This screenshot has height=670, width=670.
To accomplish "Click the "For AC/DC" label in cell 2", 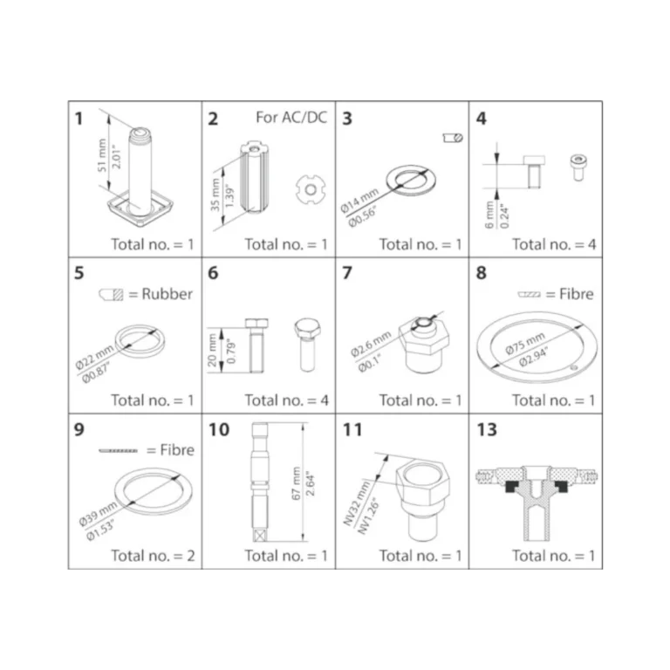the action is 291,117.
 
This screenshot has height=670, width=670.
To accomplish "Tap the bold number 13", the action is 487,429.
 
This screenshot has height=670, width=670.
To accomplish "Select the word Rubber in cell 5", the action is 167,294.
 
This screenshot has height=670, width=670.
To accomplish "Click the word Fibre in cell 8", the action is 577,294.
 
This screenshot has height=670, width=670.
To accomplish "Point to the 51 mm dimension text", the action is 102,154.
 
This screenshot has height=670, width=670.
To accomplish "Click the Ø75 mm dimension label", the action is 525,344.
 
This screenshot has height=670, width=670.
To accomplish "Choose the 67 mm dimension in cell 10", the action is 296,482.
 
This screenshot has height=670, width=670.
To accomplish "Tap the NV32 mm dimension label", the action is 356,503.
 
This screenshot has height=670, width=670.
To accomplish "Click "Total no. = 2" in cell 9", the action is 153,556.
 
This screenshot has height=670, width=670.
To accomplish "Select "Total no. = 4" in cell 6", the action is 287,400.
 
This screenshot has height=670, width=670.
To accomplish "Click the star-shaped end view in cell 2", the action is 311,189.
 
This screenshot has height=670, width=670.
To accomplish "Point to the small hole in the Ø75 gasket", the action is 574,367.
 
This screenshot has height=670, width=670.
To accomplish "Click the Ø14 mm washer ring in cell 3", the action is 411,180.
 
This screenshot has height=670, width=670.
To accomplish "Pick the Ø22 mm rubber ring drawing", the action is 140,340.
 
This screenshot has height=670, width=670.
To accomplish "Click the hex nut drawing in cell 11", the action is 422,498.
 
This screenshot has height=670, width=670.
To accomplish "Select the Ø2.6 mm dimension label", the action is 371,344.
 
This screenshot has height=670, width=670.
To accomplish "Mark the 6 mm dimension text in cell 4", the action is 489,215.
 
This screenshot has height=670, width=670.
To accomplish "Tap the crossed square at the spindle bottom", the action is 259,535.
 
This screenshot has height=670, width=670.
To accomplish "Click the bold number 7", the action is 347,272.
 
